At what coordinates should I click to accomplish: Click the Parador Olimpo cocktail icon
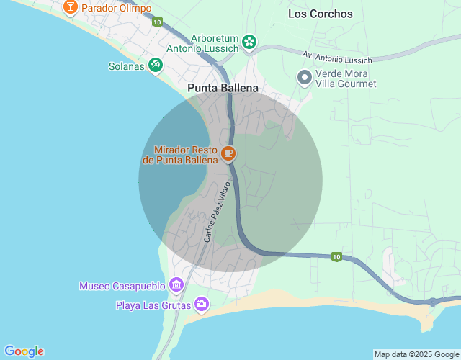tap(71, 8)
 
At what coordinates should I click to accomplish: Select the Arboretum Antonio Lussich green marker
tap(249, 42)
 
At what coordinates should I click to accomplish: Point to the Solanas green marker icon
tap(155, 65)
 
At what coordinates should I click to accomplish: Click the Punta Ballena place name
tap(223, 89)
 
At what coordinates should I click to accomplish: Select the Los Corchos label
tap(321, 14)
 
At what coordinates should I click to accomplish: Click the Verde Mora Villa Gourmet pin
tap(305, 77)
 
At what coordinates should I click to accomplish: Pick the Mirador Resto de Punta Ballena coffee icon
tap(228, 153)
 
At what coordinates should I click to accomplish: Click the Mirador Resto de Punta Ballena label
tap(180, 155)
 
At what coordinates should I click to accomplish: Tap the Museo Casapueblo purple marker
tap(176, 286)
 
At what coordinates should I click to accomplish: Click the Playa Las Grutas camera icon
tap(202, 305)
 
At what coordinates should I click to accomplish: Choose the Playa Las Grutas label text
tap(153, 306)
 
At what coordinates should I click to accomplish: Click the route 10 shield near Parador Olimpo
tap(157, 22)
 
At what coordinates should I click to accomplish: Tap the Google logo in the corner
tap(24, 351)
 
